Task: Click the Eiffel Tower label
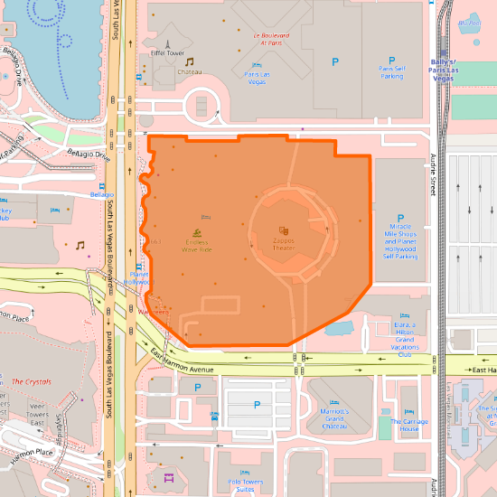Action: [x=167, y=53]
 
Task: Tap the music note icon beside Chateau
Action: [x=190, y=61]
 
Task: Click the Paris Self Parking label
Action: [x=391, y=72]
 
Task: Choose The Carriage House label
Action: [x=409, y=425]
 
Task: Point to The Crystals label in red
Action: [x=31, y=381]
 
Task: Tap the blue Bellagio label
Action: [x=102, y=194]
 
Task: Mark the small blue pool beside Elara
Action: [x=339, y=327]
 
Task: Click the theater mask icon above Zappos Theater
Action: [x=284, y=231]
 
